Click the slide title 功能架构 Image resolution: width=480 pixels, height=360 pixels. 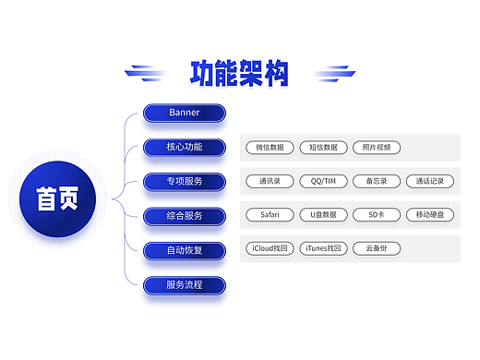[x=239, y=73]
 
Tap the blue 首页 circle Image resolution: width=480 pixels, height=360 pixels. [x=57, y=198]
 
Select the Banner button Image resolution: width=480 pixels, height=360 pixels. [x=184, y=113]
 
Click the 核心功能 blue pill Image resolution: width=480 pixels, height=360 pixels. [x=184, y=147]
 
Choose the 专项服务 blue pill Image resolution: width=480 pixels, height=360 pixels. [x=184, y=181]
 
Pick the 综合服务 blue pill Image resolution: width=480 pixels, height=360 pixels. [x=184, y=215]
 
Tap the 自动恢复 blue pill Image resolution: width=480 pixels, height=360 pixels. [x=184, y=249]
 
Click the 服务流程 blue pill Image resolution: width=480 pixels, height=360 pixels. [x=184, y=284]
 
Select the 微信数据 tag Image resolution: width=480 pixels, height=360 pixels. [x=270, y=147]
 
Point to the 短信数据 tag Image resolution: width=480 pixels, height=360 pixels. [x=323, y=147]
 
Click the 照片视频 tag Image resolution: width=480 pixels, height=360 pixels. [x=377, y=147]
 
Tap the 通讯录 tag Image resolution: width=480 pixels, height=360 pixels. [x=270, y=181]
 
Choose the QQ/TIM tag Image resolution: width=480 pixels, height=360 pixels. [x=323, y=181]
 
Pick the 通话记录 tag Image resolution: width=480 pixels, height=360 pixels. [x=430, y=181]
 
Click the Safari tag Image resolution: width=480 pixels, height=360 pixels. [x=270, y=215]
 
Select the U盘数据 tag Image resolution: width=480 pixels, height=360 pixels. [x=323, y=215]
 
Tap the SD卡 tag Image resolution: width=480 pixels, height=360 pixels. [x=377, y=215]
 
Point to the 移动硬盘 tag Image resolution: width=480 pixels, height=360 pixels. [x=430, y=215]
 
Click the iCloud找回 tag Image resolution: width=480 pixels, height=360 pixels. [x=270, y=248]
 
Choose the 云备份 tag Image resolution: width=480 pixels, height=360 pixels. [x=377, y=248]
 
